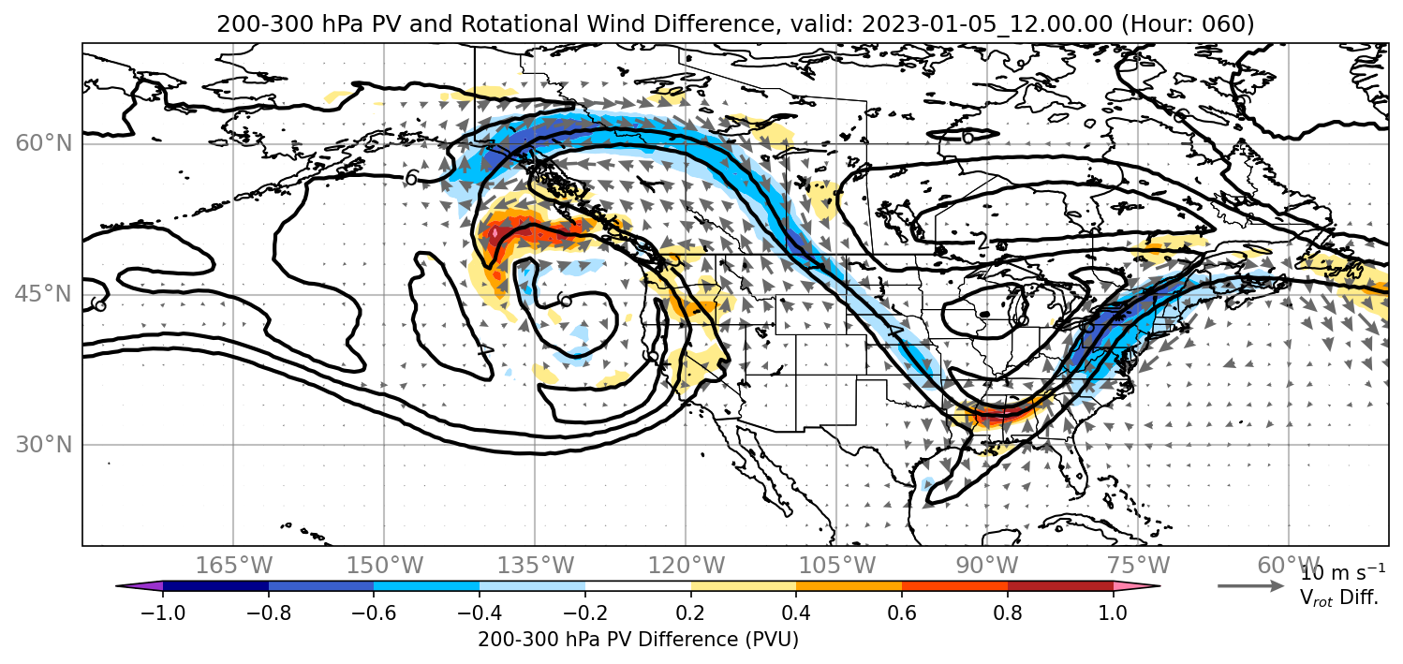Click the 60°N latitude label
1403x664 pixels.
(x=44, y=143)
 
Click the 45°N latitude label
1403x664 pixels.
(x=44, y=294)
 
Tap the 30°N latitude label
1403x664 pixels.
(x=44, y=445)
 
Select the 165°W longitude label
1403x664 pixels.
(x=233, y=566)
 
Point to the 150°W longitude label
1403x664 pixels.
(x=385, y=566)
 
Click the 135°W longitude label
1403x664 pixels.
(x=536, y=566)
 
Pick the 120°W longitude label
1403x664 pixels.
(x=686, y=566)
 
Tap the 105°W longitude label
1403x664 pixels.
(x=836, y=566)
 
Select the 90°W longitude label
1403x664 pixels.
(x=987, y=566)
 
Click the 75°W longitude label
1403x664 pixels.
(x=1138, y=566)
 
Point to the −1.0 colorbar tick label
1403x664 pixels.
(x=163, y=612)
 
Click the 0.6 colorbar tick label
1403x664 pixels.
(x=902, y=612)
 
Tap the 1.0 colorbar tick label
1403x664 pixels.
(x=1113, y=612)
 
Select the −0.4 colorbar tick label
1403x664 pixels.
(x=480, y=612)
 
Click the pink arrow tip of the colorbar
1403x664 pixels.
(x=1137, y=586)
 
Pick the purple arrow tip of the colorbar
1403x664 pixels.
(x=139, y=586)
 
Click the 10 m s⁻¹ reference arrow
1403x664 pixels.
(x=1250, y=586)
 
